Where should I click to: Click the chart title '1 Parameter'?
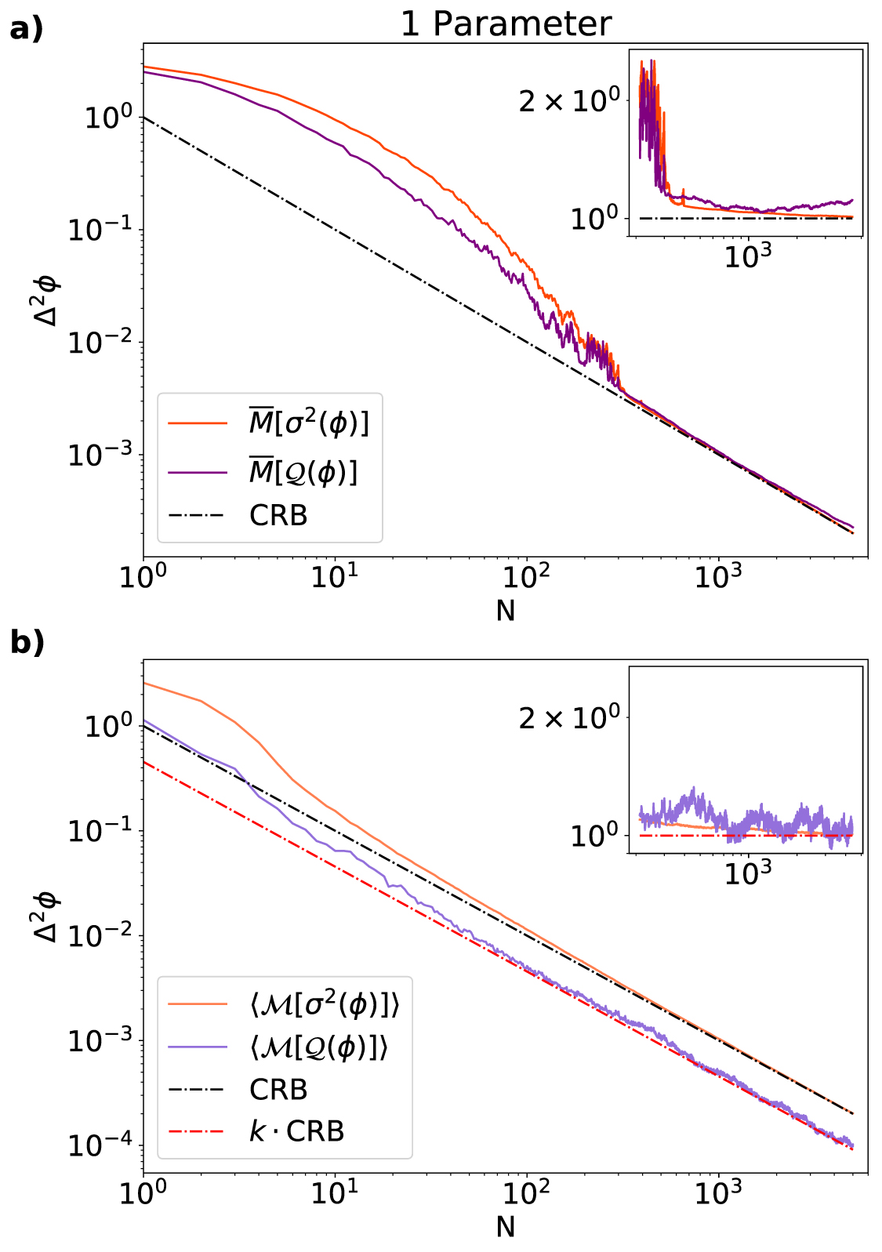coord(506,24)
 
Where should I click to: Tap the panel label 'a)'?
coord(26,29)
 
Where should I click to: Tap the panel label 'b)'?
coord(26,642)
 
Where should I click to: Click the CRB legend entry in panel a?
coord(278,515)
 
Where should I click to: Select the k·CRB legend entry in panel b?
coord(296,1131)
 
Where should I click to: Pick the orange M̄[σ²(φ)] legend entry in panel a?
coord(307,423)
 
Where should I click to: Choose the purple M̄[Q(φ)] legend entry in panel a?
coord(303,471)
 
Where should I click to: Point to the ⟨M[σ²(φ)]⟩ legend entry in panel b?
coord(324,1005)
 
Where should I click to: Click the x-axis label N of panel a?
coord(506,611)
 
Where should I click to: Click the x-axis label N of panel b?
coord(506,1227)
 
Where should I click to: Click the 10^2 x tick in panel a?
coord(526,577)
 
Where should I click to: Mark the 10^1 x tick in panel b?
coord(335,1193)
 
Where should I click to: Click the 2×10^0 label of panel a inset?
coord(570,100)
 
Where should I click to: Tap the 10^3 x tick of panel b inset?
coord(749,872)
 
